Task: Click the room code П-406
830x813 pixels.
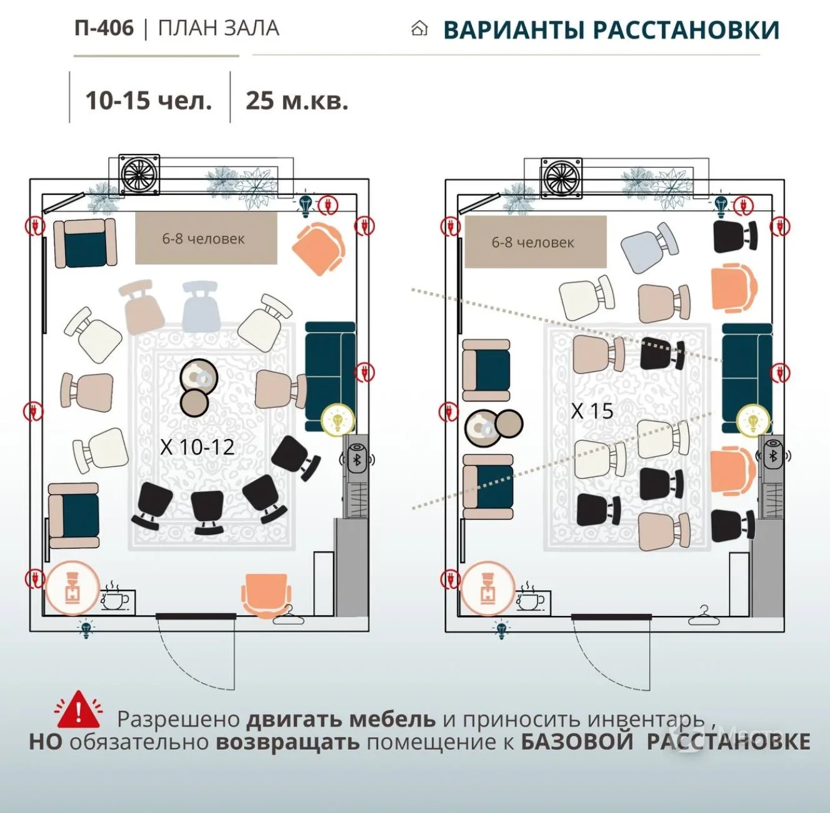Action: tap(104, 28)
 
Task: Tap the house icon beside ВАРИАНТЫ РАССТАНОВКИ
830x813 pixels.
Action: tap(419, 29)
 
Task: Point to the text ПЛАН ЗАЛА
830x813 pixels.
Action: tap(219, 28)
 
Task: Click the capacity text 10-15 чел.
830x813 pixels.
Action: tap(149, 101)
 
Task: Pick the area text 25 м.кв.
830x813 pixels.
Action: tap(297, 101)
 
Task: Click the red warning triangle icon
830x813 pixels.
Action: tap(78, 710)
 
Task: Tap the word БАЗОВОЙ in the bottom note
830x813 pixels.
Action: tap(577, 742)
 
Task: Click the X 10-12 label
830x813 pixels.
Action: tap(197, 447)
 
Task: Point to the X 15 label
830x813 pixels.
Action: tap(592, 411)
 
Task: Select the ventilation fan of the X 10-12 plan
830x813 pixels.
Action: tap(139, 174)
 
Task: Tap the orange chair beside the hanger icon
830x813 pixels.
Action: tap(266, 593)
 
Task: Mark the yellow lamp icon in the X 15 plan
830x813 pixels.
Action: tap(752, 421)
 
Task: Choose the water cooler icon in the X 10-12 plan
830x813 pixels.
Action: tap(72, 588)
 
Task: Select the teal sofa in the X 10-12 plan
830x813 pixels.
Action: tap(331, 376)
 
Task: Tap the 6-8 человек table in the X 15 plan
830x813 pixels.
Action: tap(536, 242)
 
